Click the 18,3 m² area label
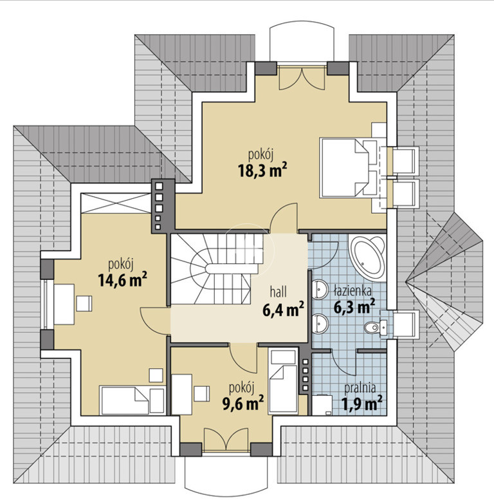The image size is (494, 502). [262, 171]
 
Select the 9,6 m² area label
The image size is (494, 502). [243, 403]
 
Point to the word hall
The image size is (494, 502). [279, 292]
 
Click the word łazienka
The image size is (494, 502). [352, 291]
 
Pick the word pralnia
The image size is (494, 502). [360, 387]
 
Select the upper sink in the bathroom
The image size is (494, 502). [320, 289]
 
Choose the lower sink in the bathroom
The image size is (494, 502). [320, 324]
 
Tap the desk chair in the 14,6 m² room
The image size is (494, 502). [84, 304]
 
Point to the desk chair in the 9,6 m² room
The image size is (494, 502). [201, 394]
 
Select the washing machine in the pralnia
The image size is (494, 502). [322, 405]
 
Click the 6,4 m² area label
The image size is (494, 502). [283, 310]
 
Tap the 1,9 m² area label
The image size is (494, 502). [363, 403]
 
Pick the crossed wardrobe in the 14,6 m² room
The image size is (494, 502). [116, 203]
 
